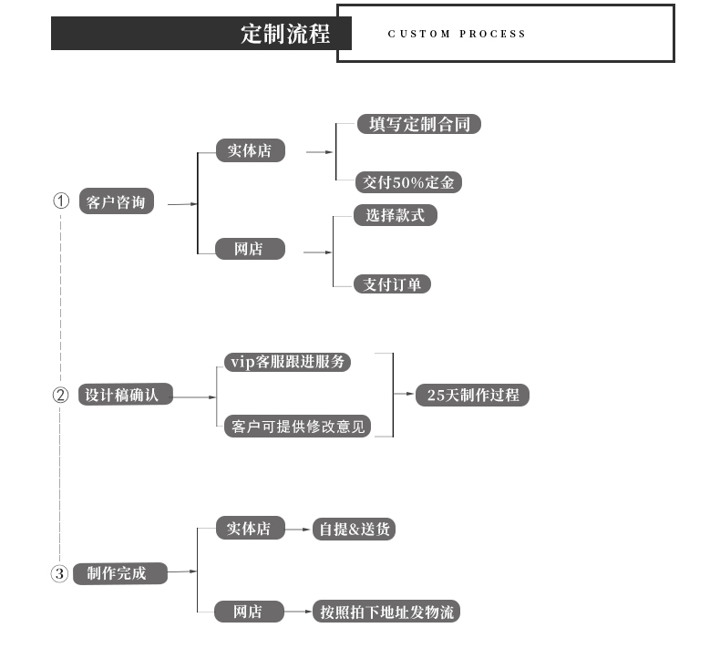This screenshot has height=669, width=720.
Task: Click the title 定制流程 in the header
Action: tap(284, 34)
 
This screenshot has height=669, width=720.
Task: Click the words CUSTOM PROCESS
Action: tap(457, 34)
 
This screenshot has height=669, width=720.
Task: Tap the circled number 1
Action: tap(61, 201)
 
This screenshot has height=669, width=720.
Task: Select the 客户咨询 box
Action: tap(116, 202)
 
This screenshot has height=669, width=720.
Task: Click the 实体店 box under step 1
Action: tap(250, 150)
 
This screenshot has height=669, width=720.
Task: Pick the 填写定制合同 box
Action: tap(418, 124)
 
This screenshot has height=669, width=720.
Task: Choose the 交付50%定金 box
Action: tap(408, 182)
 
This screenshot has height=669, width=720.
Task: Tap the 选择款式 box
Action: tap(395, 215)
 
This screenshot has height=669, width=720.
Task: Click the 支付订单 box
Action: tap(392, 284)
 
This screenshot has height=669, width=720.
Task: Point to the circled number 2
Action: tap(60, 395)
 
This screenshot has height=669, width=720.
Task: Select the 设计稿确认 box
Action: tap(125, 395)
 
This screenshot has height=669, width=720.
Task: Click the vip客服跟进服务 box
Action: tap(287, 362)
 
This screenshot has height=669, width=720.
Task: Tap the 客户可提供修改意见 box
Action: tap(297, 426)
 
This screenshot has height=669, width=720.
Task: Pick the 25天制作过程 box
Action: tap(472, 395)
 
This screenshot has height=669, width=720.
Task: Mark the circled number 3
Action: tap(59, 573)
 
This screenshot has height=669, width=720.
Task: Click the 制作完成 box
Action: tap(120, 573)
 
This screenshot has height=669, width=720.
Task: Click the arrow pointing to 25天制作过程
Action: tap(404, 394)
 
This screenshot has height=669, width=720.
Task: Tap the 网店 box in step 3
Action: tap(249, 612)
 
